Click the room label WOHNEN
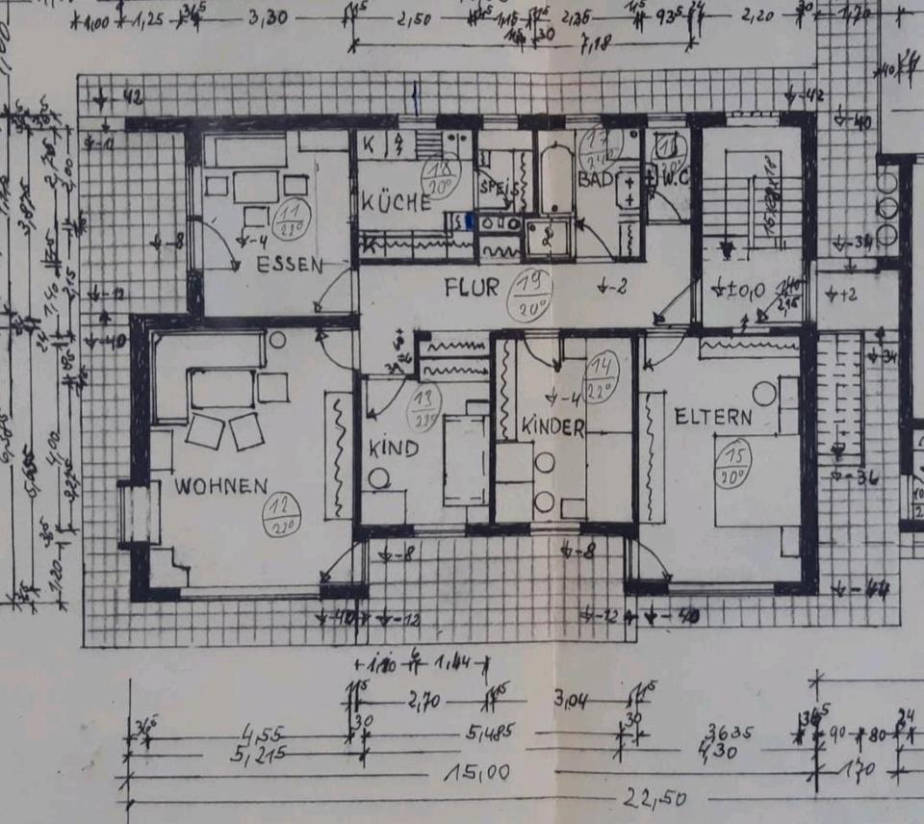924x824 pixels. (220, 486)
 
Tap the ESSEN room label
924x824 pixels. (290, 266)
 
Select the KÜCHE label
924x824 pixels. (397, 203)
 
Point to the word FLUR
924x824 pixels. (472, 287)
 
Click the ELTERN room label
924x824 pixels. (713, 417)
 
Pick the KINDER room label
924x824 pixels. (552, 426)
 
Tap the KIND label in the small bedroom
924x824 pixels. (394, 449)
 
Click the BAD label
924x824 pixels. (595, 180)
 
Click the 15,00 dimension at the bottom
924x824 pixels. (475, 773)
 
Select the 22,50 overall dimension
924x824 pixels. (646, 799)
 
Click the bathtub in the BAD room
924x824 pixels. (553, 179)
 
